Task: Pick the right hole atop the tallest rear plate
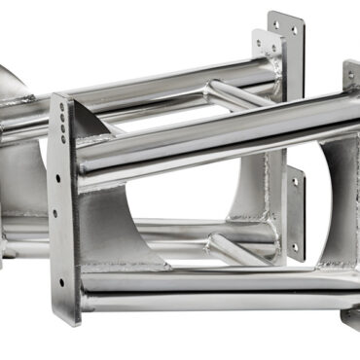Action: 294,33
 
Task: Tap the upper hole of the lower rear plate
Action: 294,183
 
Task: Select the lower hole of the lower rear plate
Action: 294,247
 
